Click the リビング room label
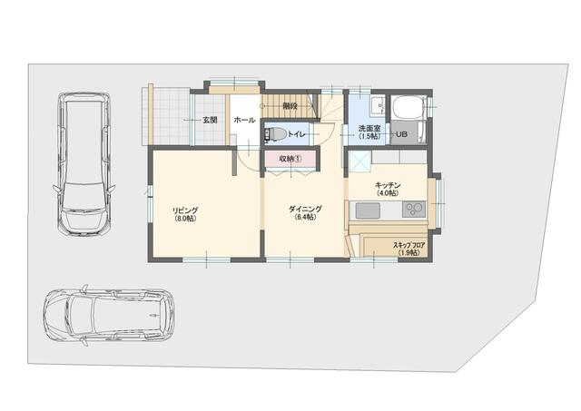tap(185, 210)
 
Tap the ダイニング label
tap(305, 210)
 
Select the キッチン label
tap(388, 185)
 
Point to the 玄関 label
tap(210, 120)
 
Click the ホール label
tap(244, 120)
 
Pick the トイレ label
tap(297, 134)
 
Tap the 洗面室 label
tap(369, 129)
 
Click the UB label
tap(402, 133)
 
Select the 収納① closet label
tap(290, 159)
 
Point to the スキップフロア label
tap(409, 245)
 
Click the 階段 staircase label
tap(290, 105)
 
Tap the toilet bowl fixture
tap(274, 134)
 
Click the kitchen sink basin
tap(368, 210)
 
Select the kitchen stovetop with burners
tap(414, 210)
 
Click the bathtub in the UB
tap(409, 107)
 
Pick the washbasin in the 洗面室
tap(378, 104)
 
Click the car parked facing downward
tap(84, 163)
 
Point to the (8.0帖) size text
tap(185, 219)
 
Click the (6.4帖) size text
tap(305, 218)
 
